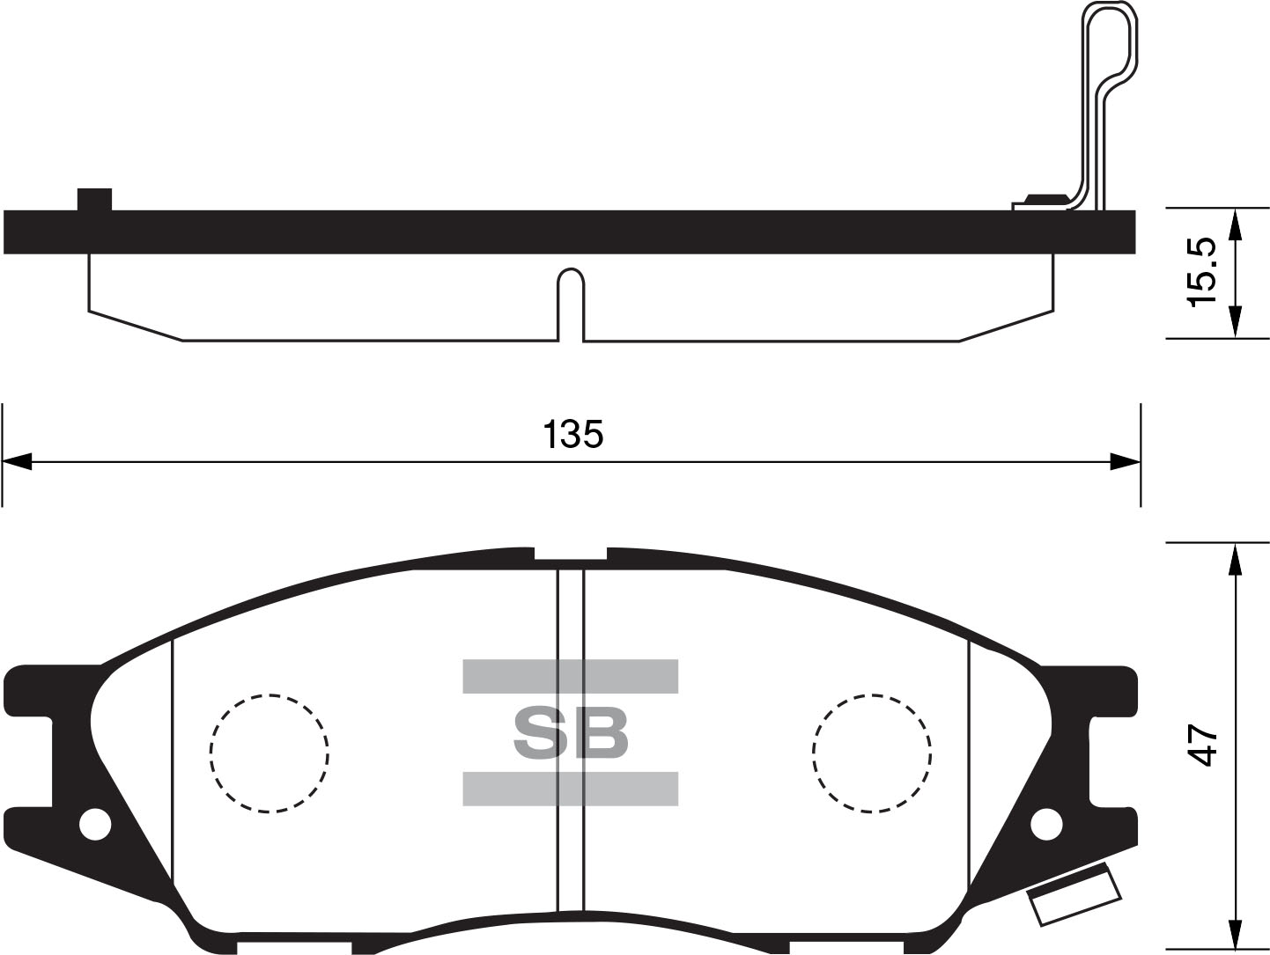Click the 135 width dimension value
573,434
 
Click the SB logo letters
571,733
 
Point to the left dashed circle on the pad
270,753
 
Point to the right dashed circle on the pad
872,753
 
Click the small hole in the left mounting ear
94,825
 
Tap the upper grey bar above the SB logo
571,676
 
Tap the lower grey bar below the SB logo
571,789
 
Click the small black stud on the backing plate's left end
94,200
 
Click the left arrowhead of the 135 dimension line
18,461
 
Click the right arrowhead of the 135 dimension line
1126,461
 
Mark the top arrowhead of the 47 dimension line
1236,558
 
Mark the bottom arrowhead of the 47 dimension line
1236,933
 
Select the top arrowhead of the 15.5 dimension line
1236,224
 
